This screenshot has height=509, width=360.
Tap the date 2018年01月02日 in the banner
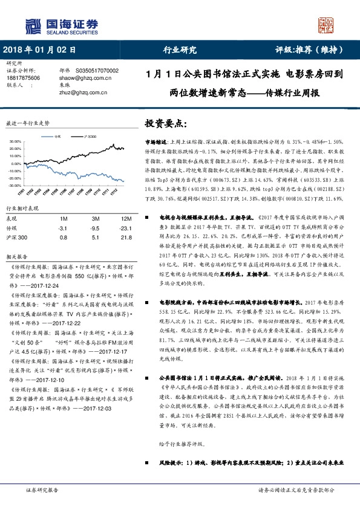[x=40, y=51]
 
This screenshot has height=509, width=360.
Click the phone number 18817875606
[x=24, y=78]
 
